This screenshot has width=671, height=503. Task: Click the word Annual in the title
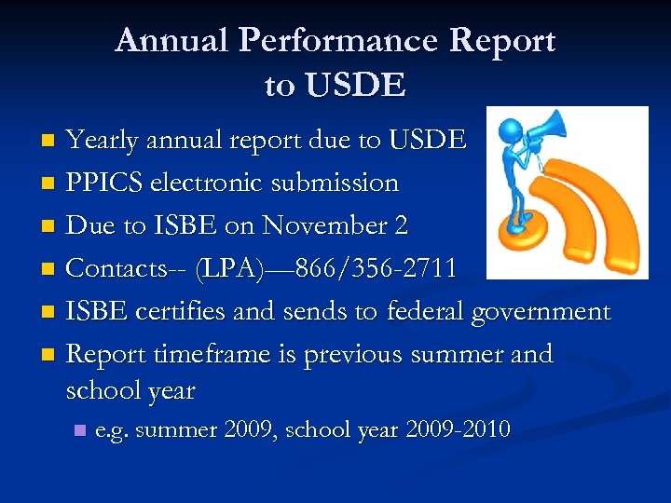point(171,41)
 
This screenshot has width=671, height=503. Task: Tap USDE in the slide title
point(335,86)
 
